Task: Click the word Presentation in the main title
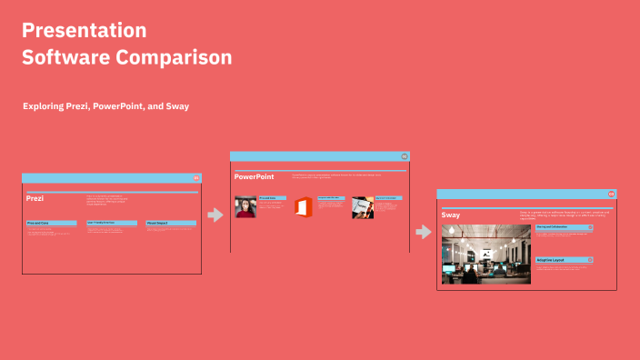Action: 84,31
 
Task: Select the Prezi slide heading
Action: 35,198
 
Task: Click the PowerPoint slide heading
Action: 254,176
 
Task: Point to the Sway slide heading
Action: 451,215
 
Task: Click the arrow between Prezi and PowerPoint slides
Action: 215,215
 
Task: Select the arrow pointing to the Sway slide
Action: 423,232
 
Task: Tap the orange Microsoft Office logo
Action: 303,207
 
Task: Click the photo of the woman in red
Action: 245,207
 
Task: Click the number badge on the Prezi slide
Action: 195,178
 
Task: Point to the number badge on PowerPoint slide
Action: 404,156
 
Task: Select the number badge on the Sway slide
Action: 611,194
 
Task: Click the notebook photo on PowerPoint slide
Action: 363,207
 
